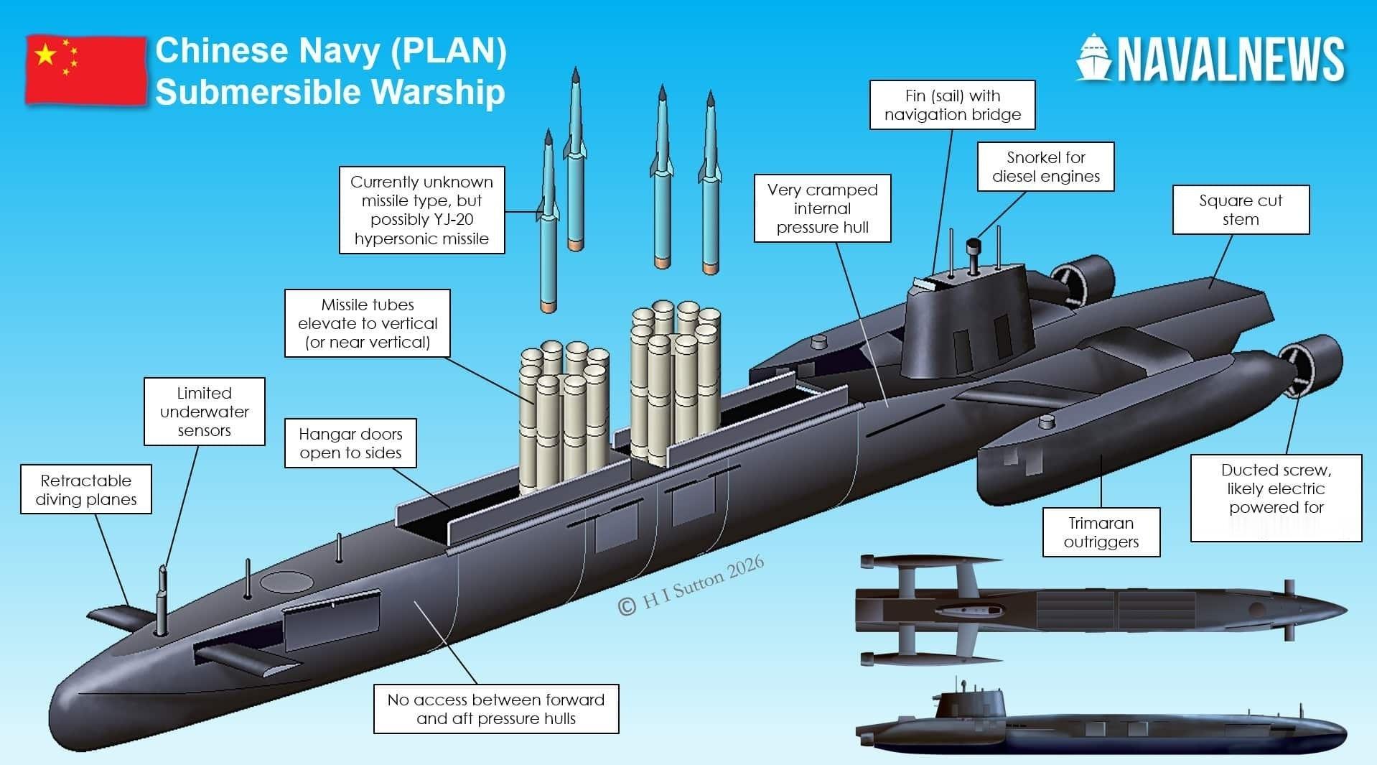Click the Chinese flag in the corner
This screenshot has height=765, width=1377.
tap(86, 70)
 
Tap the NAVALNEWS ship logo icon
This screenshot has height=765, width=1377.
tap(1093, 57)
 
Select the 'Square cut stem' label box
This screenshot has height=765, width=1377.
tap(1241, 210)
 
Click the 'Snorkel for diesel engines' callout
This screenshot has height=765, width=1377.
tap(1045, 167)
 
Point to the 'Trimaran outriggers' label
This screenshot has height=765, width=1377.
tap(1101, 532)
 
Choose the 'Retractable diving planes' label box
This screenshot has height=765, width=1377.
tap(86, 489)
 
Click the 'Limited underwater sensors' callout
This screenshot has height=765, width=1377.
tap(205, 412)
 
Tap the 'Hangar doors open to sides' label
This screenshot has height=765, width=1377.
tap(350, 443)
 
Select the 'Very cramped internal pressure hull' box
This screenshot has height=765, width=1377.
tap(822, 208)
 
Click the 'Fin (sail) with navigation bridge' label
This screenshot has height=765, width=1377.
tap(953, 105)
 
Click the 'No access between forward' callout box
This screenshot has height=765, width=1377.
tap(496, 709)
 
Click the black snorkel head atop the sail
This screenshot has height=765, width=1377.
tap(974, 246)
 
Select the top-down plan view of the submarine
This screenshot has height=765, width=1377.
tap(1102, 609)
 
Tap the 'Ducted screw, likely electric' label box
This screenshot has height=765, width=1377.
tap(1276, 498)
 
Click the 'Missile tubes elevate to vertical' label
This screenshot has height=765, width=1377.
tap(368, 323)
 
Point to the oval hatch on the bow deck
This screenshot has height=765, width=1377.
tap(286, 581)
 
